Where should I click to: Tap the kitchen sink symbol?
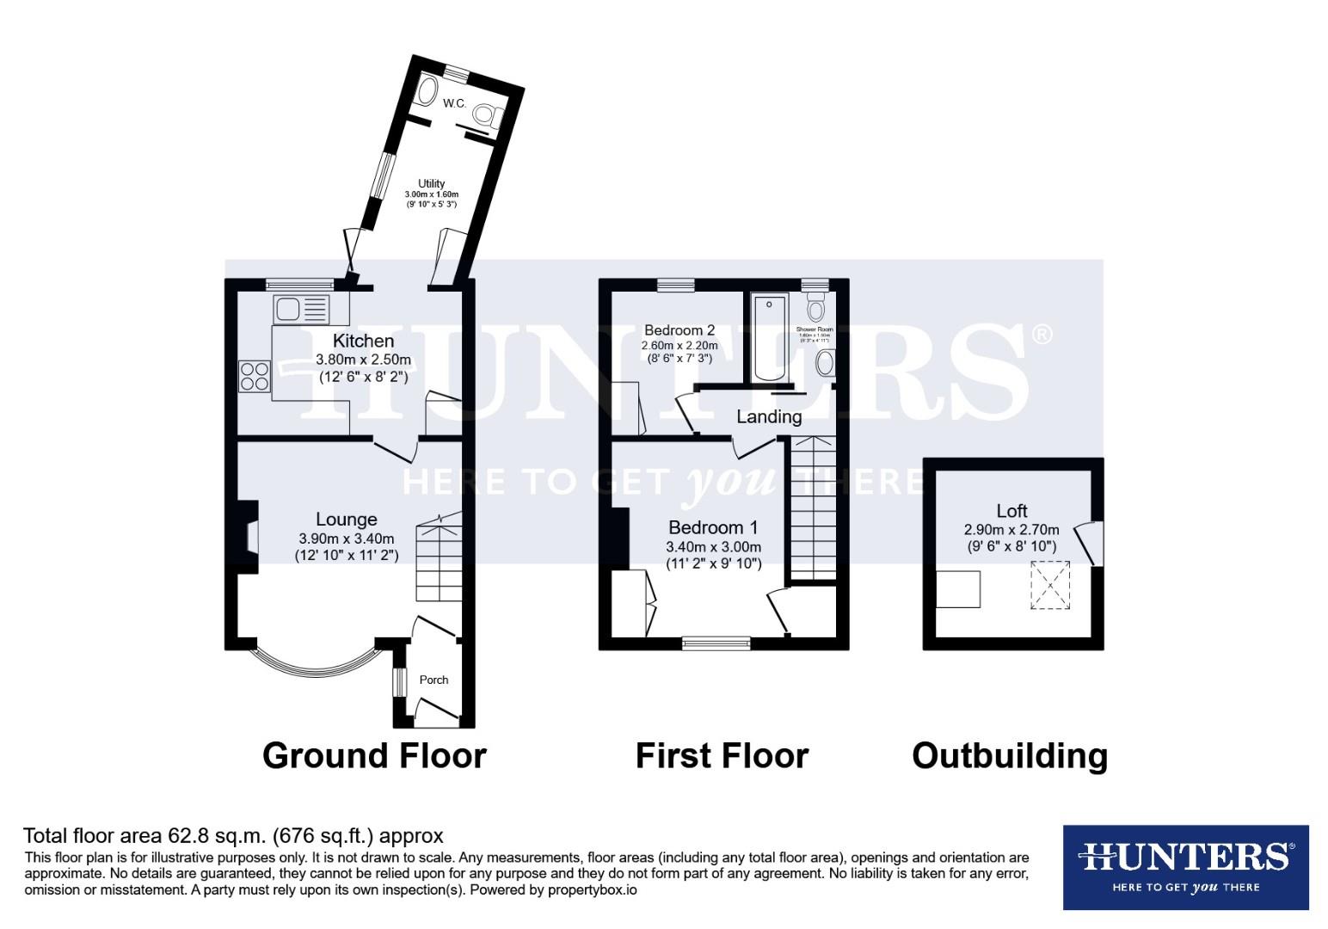301,308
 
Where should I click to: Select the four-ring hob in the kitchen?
255,377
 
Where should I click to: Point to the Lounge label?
346,520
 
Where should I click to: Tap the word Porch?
433,680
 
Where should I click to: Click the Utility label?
431,183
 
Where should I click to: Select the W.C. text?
454,103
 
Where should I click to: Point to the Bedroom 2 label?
679,330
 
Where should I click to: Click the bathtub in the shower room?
769,337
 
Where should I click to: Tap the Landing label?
769,417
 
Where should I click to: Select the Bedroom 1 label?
713,527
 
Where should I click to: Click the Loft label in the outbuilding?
1011,511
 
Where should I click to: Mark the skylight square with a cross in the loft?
1050,586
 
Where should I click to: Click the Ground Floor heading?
374,755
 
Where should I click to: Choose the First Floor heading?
722,755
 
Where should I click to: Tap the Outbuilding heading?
1010,755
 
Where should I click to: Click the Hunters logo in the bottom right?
1185,867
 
